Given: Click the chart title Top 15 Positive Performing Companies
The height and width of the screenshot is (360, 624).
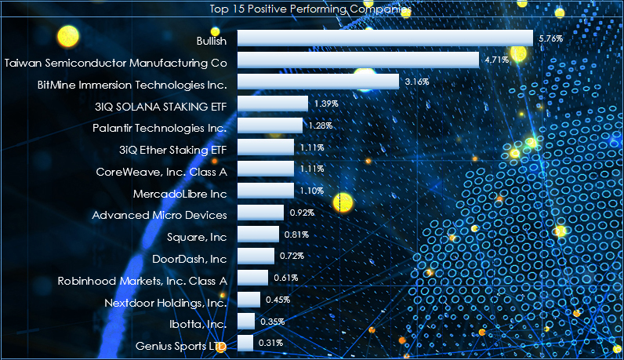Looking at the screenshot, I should pyautogui.click(x=311, y=9).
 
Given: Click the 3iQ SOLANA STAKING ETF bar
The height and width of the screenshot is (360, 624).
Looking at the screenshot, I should pyautogui.click(x=273, y=104).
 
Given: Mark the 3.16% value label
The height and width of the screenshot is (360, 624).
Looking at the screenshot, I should pyautogui.click(x=418, y=82).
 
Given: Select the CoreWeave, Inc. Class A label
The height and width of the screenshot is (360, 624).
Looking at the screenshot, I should pyautogui.click(x=161, y=170).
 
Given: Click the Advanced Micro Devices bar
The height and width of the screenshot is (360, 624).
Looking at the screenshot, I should pyautogui.click(x=260, y=213).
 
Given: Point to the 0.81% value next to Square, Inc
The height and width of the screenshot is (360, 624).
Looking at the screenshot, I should pyautogui.click(x=296, y=234).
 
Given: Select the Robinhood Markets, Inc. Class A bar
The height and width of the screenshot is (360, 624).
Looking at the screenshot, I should pyautogui.click(x=252, y=278).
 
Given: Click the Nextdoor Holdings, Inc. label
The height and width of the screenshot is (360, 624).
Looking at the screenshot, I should pyautogui.click(x=165, y=302).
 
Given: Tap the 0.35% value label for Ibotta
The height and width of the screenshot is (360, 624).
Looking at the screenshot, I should pyautogui.click(x=272, y=321).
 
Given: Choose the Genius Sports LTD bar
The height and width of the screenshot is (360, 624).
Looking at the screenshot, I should pyautogui.click(x=245, y=343).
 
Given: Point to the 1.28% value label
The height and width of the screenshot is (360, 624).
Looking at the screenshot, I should pyautogui.click(x=321, y=125).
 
